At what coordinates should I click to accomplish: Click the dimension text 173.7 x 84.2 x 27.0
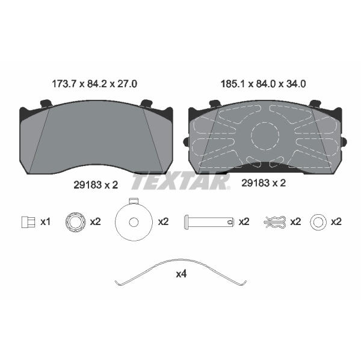pos(94,84)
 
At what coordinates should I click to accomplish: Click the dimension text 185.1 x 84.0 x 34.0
pos(263,84)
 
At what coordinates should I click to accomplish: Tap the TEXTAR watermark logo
pos(180,182)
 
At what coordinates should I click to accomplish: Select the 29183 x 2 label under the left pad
pos(96,185)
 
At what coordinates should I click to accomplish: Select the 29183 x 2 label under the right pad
pos(264,183)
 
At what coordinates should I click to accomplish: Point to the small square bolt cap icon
pos(28,222)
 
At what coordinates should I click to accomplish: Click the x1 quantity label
pos(45,222)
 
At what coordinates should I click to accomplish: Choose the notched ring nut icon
pos(76,222)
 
